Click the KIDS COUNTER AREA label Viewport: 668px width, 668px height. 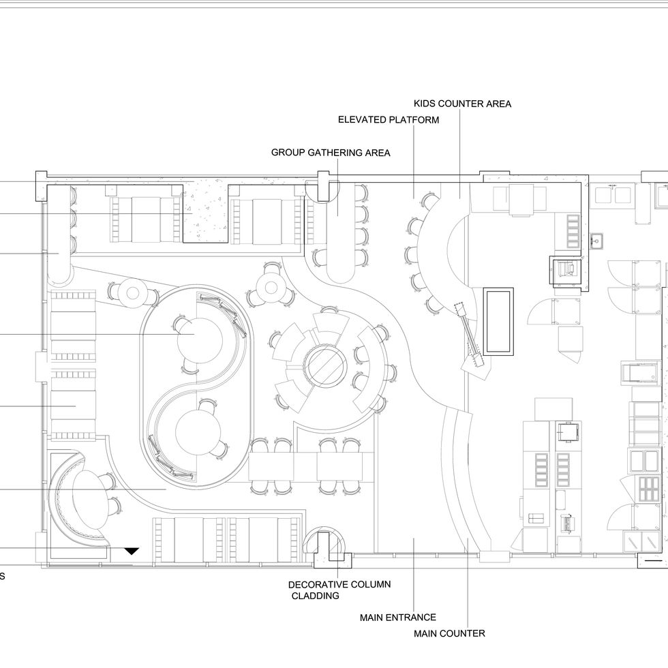click(462, 104)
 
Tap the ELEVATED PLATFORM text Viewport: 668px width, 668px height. click(389, 120)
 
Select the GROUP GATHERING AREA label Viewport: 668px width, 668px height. click(331, 153)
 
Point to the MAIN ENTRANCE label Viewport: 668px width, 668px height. click(398, 618)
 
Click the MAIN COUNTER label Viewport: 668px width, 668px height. click(449, 633)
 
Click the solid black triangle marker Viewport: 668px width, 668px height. click(131, 551)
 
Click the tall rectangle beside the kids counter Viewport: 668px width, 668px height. click(498, 321)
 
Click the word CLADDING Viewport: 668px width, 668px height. click(315, 596)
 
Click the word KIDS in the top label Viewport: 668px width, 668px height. click(426, 104)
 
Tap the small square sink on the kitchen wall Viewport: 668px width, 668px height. click(594, 240)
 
